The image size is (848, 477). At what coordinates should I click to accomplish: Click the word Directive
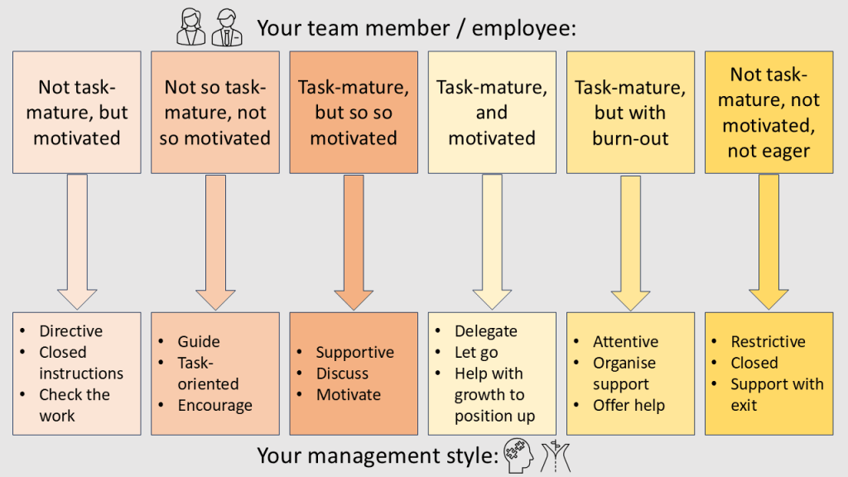click(x=71, y=331)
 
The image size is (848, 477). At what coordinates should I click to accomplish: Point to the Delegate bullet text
click(x=486, y=331)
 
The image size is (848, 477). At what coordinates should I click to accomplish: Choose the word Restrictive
click(x=768, y=341)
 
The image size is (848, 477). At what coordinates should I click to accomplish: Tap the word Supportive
click(x=355, y=353)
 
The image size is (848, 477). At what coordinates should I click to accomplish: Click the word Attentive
click(x=625, y=341)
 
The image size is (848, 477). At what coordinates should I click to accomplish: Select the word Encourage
click(x=214, y=406)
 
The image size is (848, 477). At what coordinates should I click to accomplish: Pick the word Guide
click(x=199, y=341)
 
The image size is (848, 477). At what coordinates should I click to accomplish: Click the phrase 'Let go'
click(x=476, y=353)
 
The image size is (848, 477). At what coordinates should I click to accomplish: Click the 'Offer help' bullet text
click(x=629, y=406)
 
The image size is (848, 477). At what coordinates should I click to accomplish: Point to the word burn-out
click(x=630, y=137)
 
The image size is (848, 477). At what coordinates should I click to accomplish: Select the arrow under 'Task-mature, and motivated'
click(x=492, y=240)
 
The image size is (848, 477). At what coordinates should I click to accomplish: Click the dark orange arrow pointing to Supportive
click(x=354, y=240)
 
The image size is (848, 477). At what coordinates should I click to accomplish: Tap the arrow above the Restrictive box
click(x=768, y=240)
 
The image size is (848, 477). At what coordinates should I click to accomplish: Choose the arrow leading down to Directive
click(x=77, y=240)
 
